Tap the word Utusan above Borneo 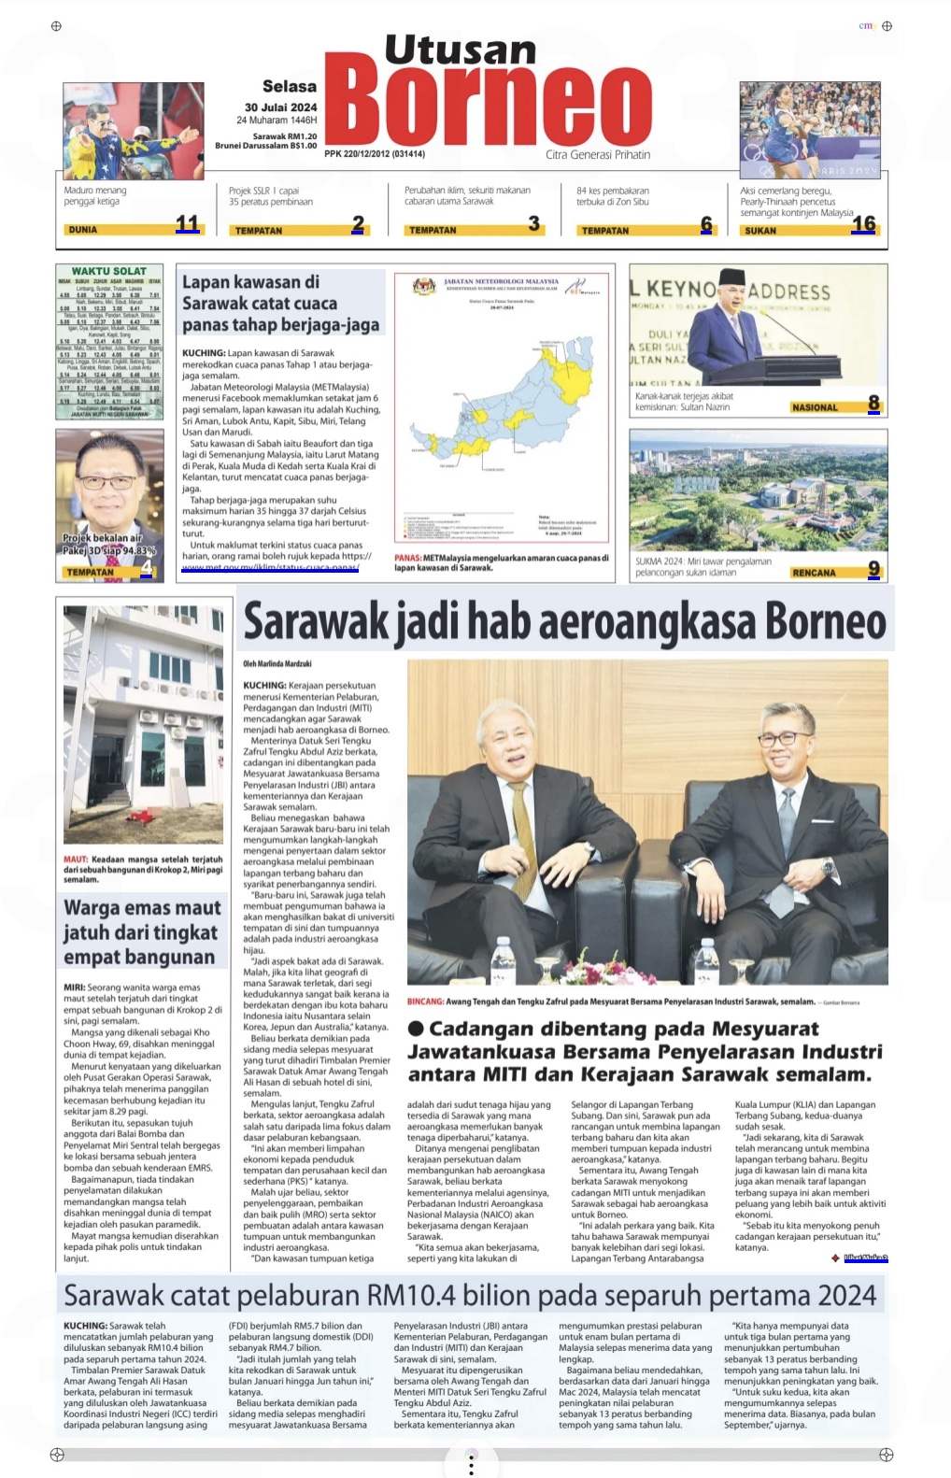click(x=460, y=50)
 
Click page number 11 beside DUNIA click(x=188, y=223)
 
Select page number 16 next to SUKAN click(x=863, y=223)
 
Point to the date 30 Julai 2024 click(x=280, y=107)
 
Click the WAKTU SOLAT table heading click(x=109, y=271)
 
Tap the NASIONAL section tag click(x=815, y=407)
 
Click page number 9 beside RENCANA click(x=874, y=568)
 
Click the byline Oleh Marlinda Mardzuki click(x=277, y=664)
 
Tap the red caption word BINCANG click(x=425, y=1002)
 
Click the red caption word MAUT click(x=76, y=860)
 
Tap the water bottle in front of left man click(x=503, y=962)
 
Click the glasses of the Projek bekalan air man click(x=103, y=482)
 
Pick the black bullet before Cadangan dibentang click(x=417, y=1029)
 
